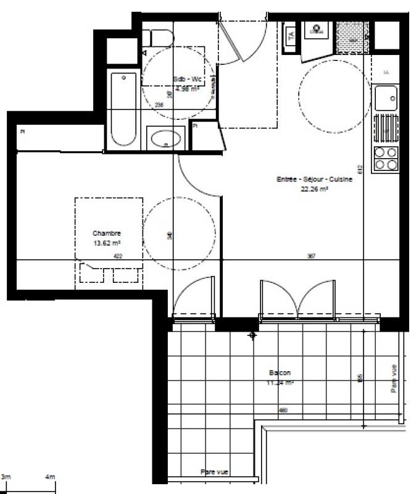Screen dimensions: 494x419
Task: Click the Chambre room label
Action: click(107, 233)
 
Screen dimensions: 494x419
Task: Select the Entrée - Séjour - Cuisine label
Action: click(315, 180)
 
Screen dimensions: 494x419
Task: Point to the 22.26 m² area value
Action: click(315, 190)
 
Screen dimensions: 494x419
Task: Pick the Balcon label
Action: click(280, 373)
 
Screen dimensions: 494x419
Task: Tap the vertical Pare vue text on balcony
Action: click(394, 379)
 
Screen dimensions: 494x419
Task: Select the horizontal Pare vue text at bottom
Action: click(215, 472)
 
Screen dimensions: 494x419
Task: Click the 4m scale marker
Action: click(50, 477)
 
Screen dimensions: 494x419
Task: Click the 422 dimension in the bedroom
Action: click(118, 256)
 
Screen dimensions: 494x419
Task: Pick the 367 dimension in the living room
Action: click(311, 256)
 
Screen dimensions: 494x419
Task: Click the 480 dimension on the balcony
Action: click(283, 410)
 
